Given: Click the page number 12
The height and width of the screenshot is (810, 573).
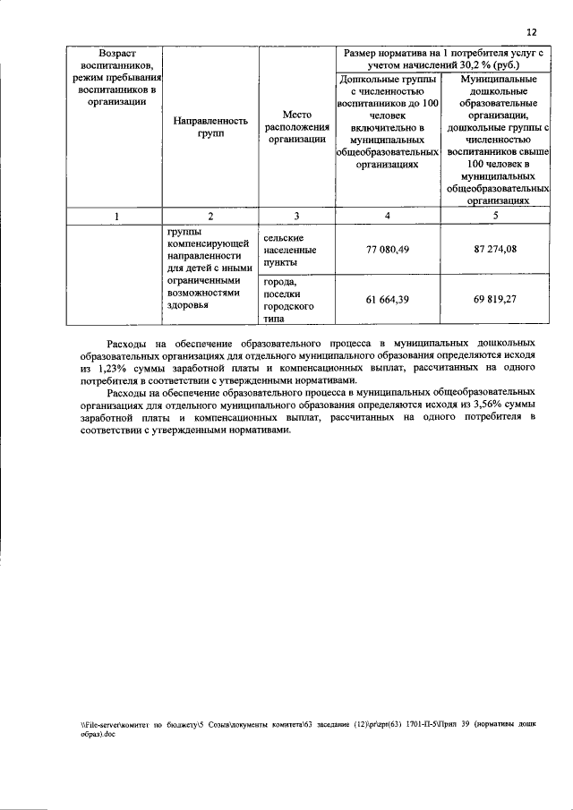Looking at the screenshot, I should pyautogui.click(x=532, y=32).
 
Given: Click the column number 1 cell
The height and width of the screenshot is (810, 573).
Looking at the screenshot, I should pyautogui.click(x=116, y=215).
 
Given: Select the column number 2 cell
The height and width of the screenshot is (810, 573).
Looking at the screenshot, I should pyautogui.click(x=210, y=215).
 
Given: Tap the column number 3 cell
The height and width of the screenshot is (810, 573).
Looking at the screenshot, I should pyautogui.click(x=296, y=215).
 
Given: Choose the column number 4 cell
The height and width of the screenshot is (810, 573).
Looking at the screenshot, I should pyautogui.click(x=388, y=215).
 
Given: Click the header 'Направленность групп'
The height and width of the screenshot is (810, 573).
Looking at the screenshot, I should pyautogui.click(x=210, y=126).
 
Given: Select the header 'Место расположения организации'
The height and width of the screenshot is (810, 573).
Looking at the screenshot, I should pyautogui.click(x=296, y=126).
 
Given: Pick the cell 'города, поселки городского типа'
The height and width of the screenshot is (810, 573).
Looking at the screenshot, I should pyautogui.click(x=286, y=300).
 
